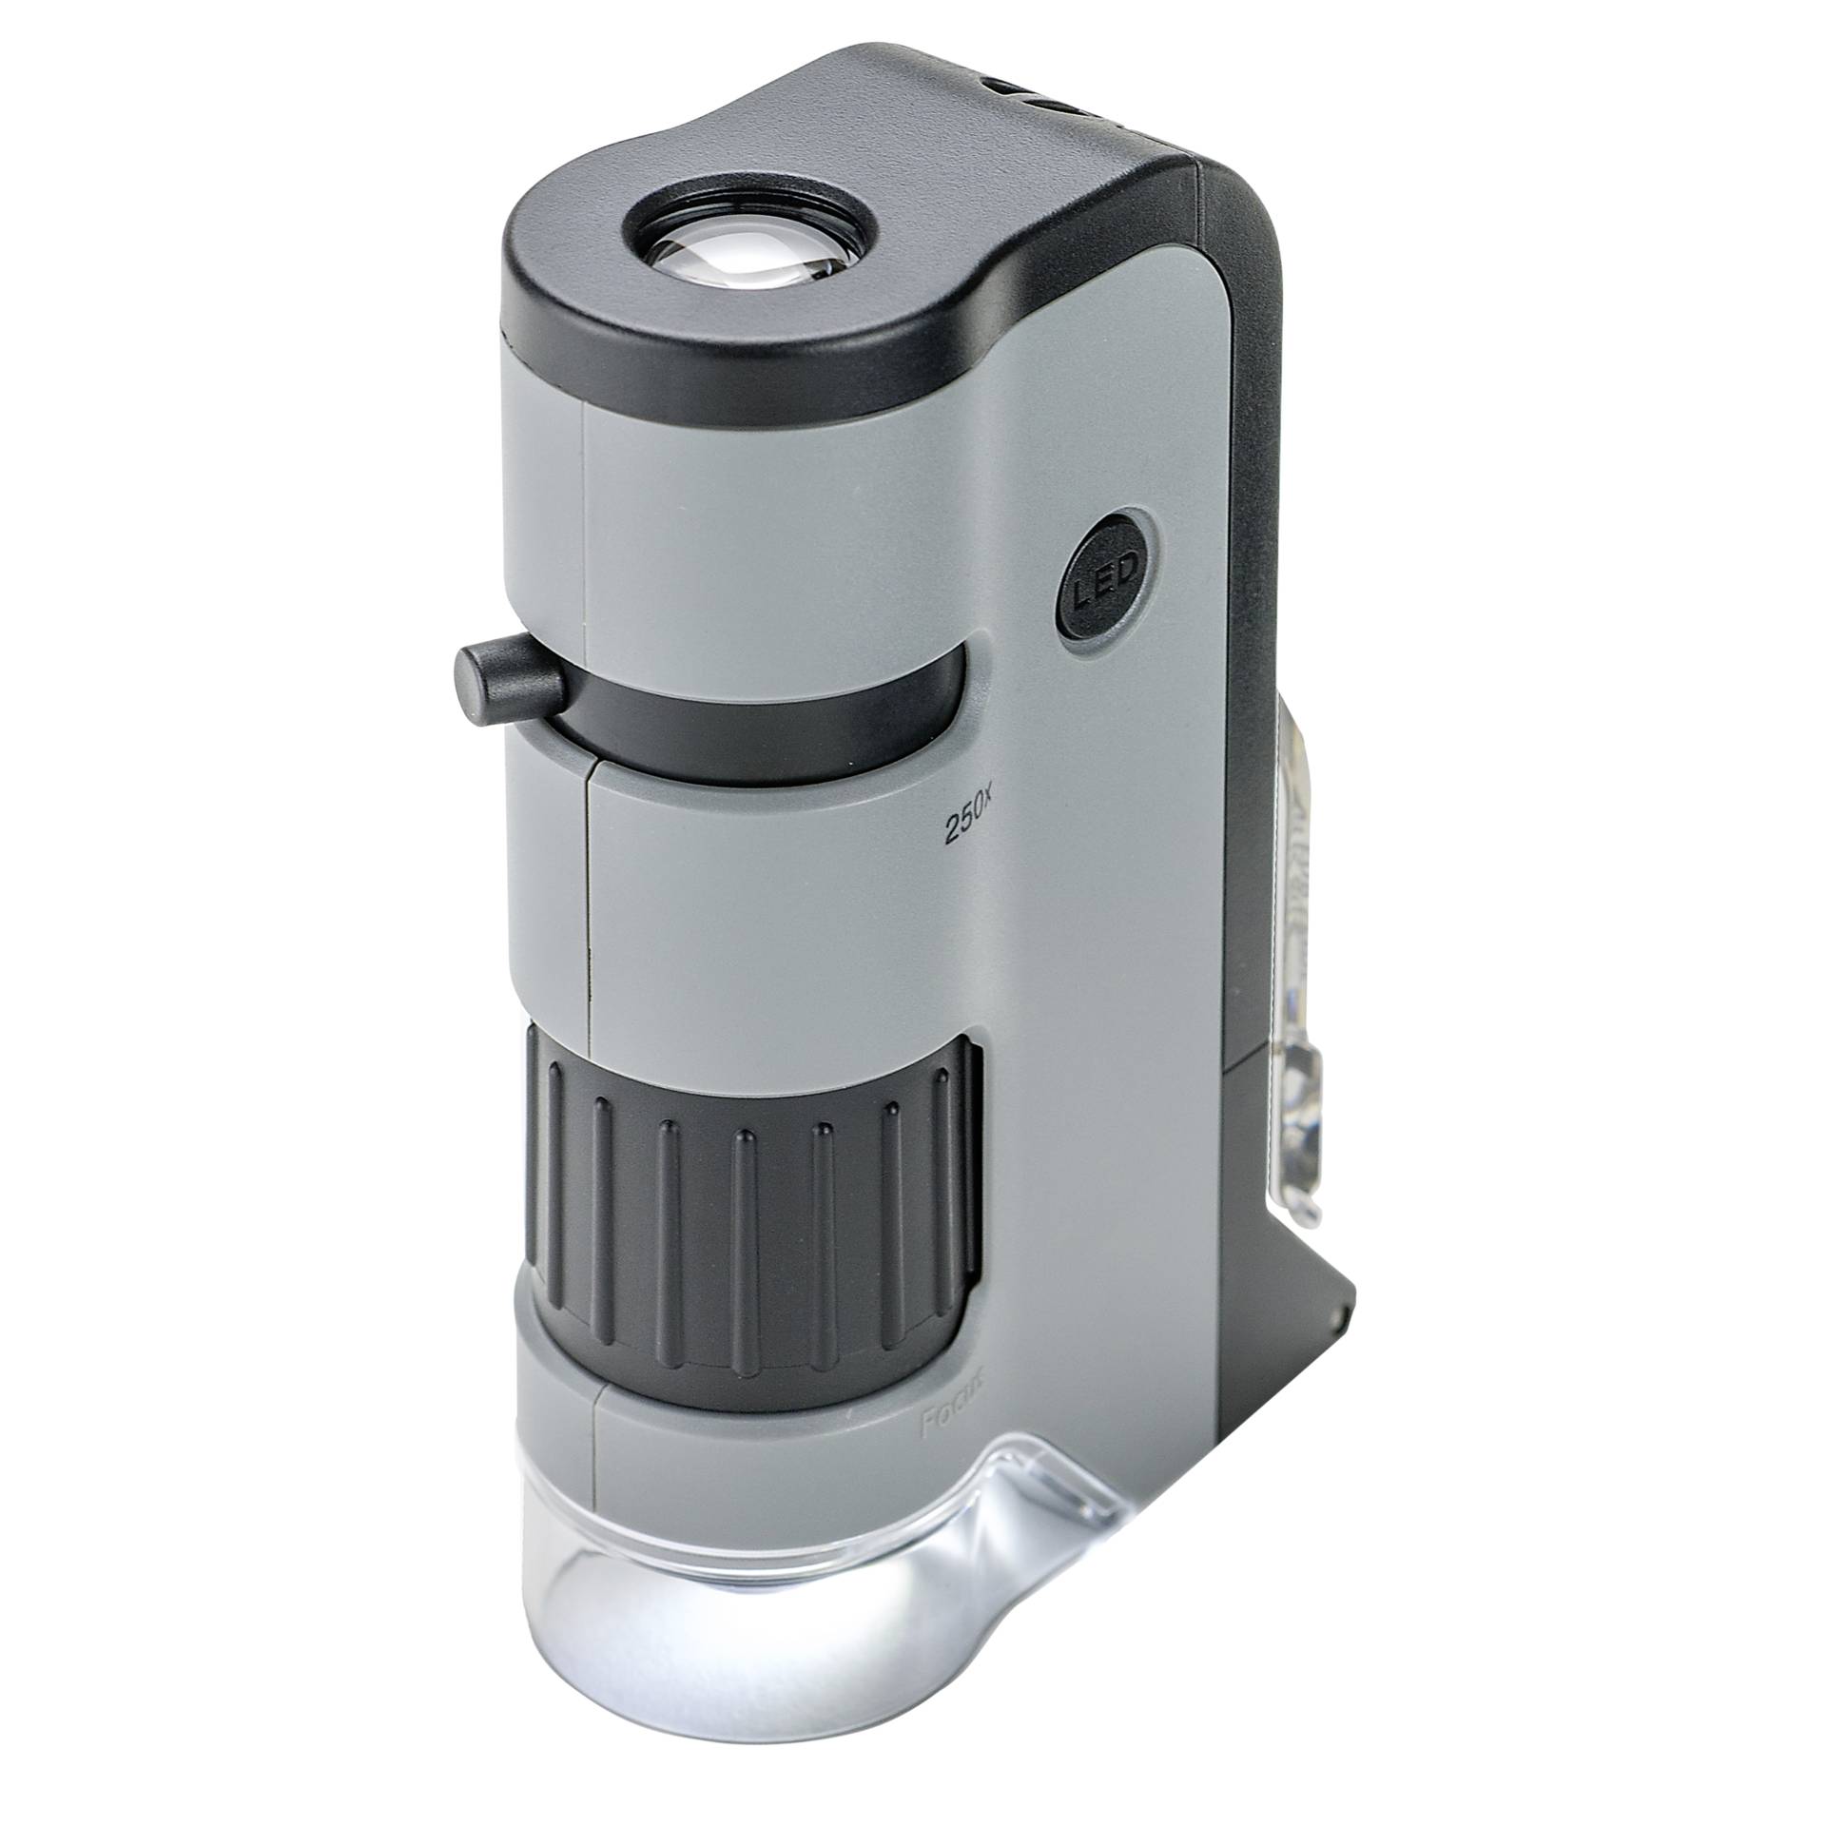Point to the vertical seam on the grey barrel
(x=587, y=903)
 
